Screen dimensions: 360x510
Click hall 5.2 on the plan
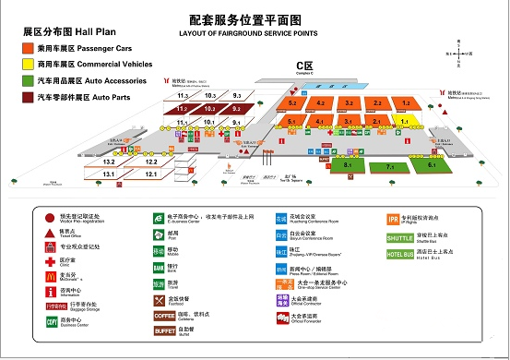293,103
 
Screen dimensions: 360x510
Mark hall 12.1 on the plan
151,174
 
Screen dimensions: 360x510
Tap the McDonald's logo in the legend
51,274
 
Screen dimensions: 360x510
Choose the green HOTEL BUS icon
399,253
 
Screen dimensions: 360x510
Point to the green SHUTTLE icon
399,236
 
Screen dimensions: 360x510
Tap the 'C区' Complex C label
304,66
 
